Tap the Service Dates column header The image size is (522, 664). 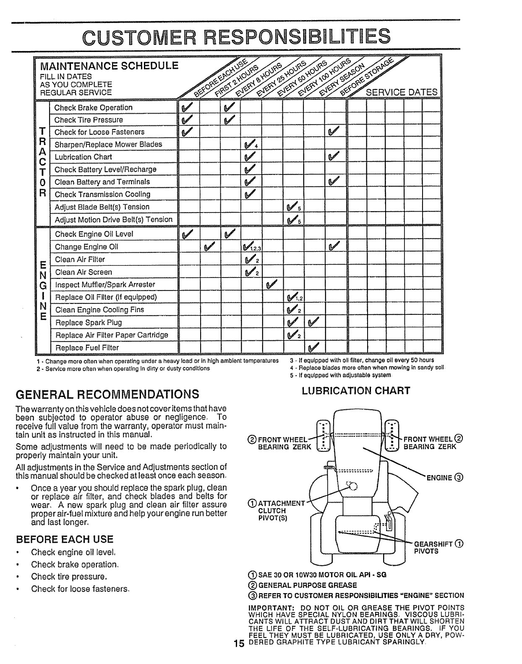402,92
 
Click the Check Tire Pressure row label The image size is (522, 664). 89,120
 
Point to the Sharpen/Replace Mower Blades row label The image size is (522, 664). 108,144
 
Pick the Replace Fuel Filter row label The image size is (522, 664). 87,348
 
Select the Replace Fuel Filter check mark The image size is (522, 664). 313,348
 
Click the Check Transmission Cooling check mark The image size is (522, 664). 251,195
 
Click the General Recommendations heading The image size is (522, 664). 107,394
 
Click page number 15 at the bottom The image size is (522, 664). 239,656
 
